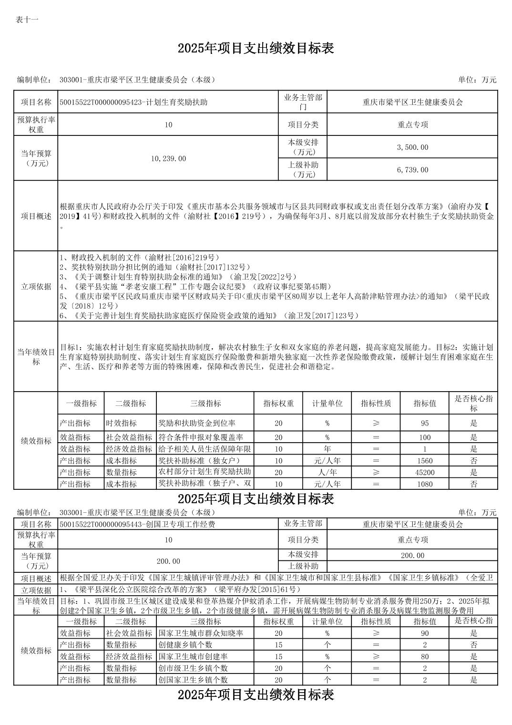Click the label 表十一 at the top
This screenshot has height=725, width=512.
pos(27,20)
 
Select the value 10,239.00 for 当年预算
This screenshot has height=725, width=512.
pos(168,158)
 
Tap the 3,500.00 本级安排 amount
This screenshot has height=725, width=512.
pos(412,147)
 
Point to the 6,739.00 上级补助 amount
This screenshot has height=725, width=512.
pos(412,170)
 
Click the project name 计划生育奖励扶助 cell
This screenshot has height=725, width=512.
pos(134,102)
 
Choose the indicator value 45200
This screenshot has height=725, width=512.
pos(424,472)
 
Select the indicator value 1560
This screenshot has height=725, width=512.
pos(424,461)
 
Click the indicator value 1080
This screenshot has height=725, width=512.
pos(424,484)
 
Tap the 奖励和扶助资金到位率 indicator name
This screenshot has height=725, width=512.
pos(197,423)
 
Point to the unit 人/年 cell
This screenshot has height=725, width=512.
pos(327,472)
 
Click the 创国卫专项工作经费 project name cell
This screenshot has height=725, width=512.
pos(138,524)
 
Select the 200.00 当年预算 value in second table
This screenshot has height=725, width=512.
pos(168,561)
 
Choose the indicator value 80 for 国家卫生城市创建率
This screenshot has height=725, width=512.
pos(424,657)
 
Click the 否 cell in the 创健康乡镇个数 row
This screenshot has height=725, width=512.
pos(473,645)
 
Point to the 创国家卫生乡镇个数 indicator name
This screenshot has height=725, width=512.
pos(193,680)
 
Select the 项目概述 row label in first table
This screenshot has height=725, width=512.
pos(36,216)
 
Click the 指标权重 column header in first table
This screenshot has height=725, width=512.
pos(278,404)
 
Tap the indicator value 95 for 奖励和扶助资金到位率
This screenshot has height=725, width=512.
pos(424,423)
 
